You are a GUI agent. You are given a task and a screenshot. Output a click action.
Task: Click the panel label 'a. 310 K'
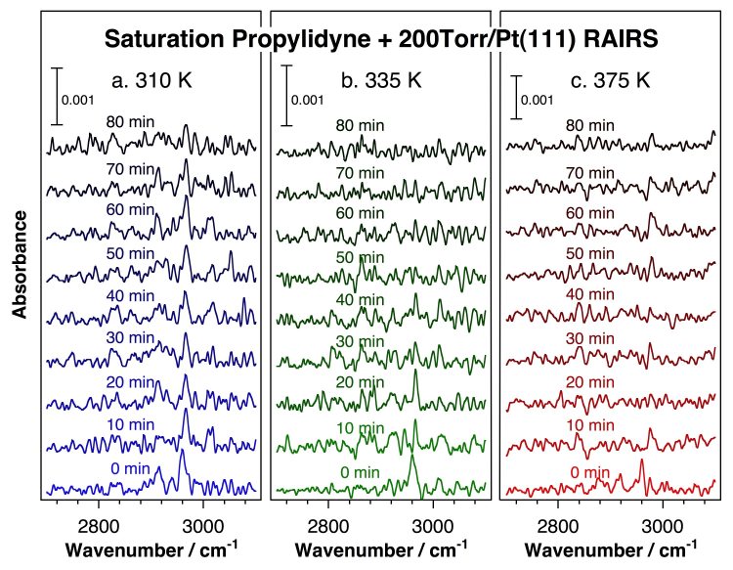151,81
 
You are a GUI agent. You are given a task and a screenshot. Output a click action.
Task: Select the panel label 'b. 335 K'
381,81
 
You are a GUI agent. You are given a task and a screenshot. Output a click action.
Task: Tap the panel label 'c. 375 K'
610,81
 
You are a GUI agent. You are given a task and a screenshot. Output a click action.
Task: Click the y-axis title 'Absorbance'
20,264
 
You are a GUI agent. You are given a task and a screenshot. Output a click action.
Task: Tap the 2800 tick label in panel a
98,527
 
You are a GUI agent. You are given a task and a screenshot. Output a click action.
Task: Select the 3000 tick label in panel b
433,527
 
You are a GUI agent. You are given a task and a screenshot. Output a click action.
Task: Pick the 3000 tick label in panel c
663,527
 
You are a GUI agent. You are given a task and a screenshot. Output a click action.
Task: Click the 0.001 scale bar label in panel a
77,100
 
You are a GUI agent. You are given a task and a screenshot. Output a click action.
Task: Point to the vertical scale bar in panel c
516,97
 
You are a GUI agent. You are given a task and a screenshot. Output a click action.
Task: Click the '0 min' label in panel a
130,468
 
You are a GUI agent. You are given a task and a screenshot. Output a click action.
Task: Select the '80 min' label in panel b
360,125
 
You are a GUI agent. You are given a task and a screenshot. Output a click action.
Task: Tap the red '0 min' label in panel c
590,472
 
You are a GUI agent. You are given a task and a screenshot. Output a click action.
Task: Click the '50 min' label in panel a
130,253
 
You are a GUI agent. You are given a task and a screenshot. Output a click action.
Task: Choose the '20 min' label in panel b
360,382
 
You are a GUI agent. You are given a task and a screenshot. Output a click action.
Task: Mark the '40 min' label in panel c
590,294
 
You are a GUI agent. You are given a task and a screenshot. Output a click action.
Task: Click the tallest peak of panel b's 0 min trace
411,455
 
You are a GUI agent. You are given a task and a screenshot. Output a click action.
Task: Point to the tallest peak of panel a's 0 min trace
182,450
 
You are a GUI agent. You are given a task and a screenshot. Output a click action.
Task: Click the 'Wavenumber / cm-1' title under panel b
381,548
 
